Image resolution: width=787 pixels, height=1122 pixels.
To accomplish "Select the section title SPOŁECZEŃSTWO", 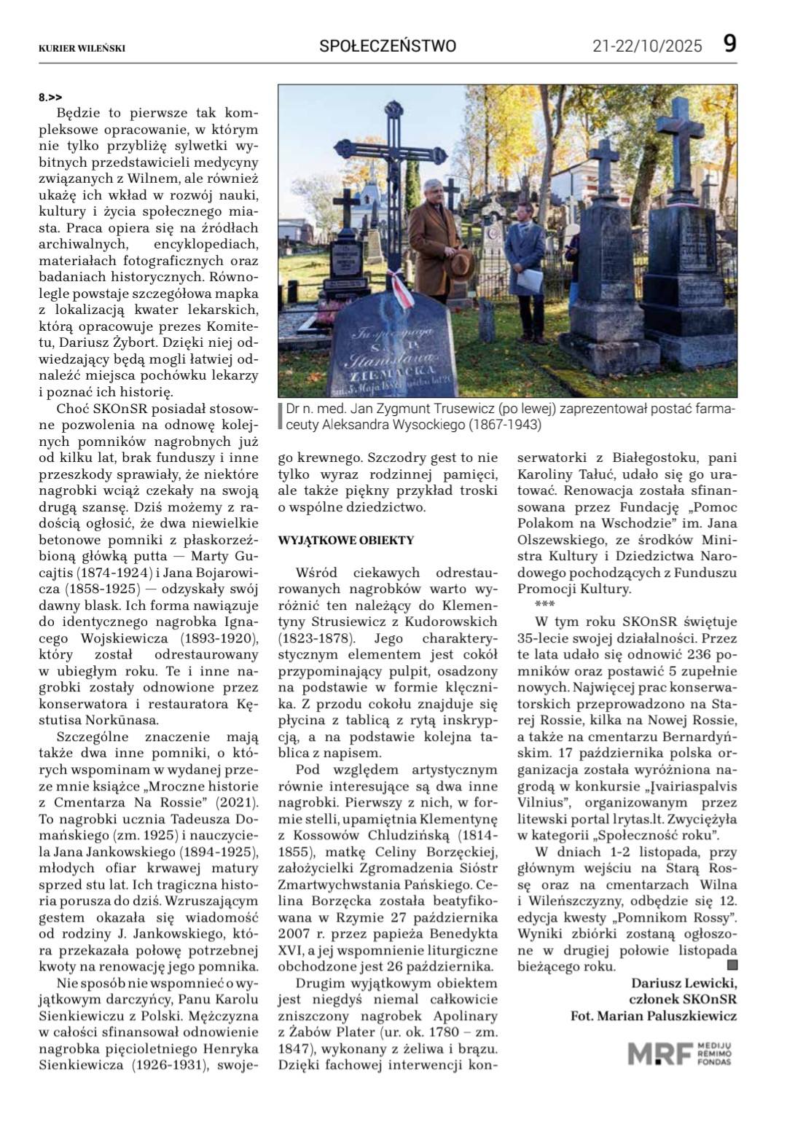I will (x=388, y=46).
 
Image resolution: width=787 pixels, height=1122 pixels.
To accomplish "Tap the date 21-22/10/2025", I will (x=647, y=47).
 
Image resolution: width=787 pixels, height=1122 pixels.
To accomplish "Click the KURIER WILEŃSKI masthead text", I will (x=82, y=48).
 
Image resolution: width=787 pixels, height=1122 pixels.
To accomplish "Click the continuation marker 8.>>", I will (x=50, y=96).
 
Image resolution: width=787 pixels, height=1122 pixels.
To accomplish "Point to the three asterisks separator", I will (x=544, y=604).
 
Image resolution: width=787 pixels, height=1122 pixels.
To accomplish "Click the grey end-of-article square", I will (x=732, y=965).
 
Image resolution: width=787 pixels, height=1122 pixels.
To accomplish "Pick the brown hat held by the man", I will (x=461, y=262).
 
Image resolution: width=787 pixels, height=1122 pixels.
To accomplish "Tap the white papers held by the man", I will (x=533, y=279).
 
